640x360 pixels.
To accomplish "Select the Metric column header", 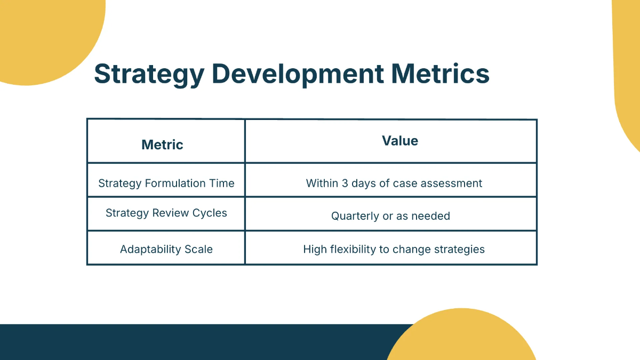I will point(162,145).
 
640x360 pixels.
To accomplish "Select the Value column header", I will point(400,141).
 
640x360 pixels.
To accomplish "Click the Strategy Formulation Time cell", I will point(166,183).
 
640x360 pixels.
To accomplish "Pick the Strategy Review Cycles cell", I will point(166,213).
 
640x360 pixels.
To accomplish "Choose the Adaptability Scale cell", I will point(166,249).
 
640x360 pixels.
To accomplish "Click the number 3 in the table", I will point(345,183).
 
